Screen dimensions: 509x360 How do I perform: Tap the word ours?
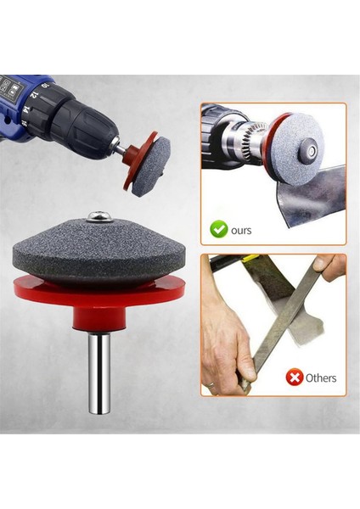[241, 229]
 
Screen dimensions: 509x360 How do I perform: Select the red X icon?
[294, 378]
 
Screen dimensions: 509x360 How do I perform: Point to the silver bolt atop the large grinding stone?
[101, 218]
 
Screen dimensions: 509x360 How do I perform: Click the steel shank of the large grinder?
[101, 373]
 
